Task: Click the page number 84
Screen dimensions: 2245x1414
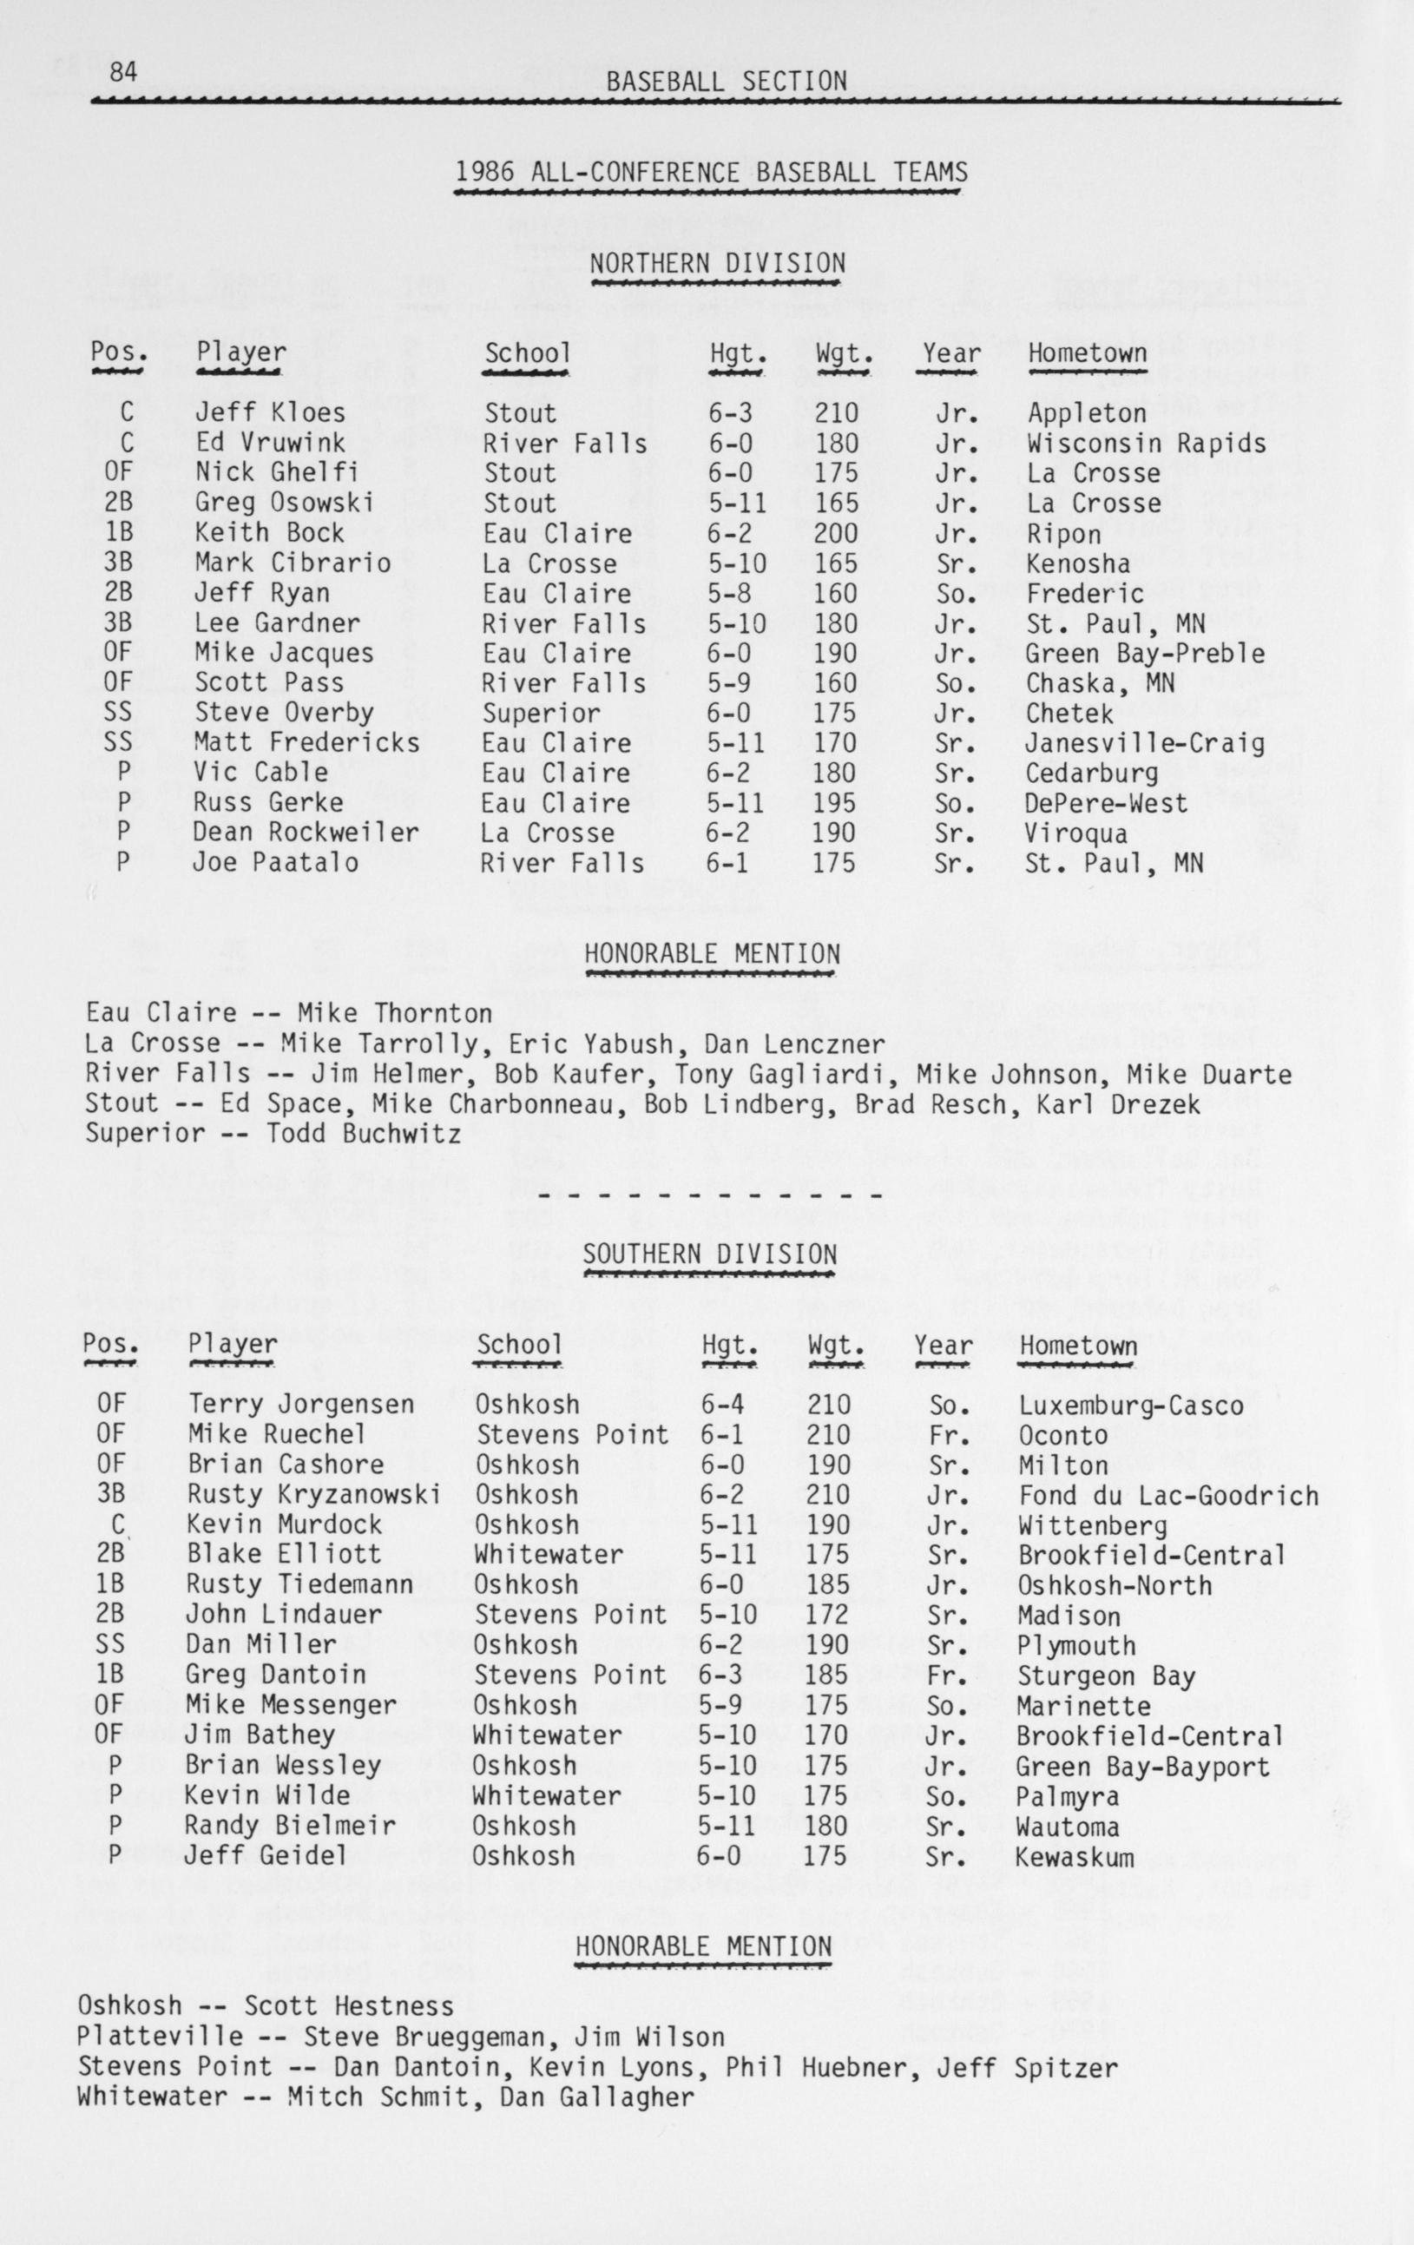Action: (x=124, y=72)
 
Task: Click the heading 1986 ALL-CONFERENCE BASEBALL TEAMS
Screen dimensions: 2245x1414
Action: (x=711, y=173)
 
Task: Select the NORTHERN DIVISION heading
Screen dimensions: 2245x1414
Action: (x=717, y=264)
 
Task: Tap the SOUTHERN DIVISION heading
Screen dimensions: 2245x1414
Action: (x=709, y=1254)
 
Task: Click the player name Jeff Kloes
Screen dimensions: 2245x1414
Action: (x=269, y=413)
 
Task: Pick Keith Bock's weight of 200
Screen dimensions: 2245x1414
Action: (x=837, y=533)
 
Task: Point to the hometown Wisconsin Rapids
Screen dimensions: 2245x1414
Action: (x=1147, y=443)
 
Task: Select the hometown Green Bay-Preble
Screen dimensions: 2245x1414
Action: (x=1145, y=654)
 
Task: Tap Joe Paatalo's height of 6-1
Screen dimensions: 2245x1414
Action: (x=728, y=863)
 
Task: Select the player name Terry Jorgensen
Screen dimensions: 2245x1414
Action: (x=301, y=1404)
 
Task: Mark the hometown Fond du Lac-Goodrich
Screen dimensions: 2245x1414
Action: (x=1168, y=1496)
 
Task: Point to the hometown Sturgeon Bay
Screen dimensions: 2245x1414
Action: (x=1106, y=1676)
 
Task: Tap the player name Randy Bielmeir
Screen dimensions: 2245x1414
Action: (x=289, y=1826)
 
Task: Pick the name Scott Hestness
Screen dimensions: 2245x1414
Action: (x=349, y=2006)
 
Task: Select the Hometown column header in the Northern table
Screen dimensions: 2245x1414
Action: (x=1087, y=354)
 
